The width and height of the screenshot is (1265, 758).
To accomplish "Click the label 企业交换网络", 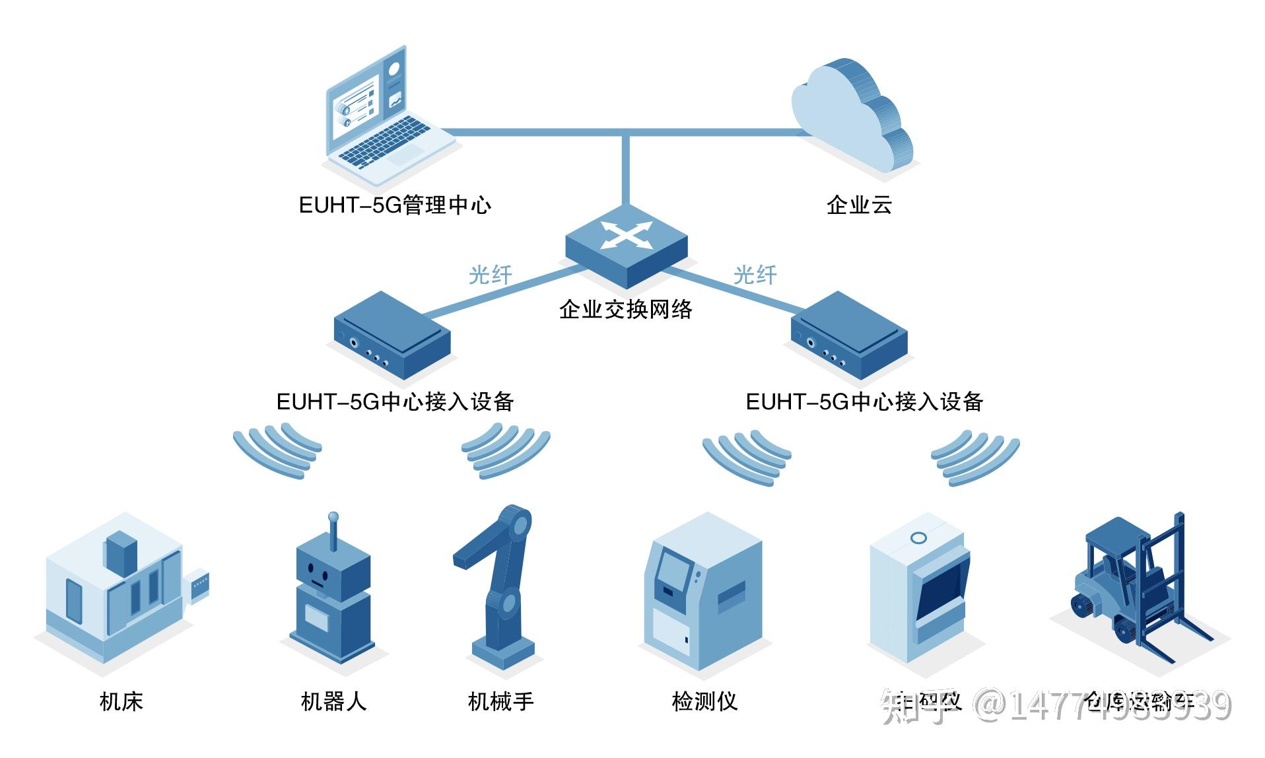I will click(x=625, y=309).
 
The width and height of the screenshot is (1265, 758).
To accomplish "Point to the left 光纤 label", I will click(x=490, y=275).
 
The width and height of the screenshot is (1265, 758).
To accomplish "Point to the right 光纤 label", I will click(x=755, y=275).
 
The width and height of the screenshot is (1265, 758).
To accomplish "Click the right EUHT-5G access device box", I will click(x=849, y=335).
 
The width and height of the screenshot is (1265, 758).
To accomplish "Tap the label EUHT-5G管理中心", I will click(x=395, y=205).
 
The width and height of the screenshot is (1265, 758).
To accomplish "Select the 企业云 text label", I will click(x=859, y=205).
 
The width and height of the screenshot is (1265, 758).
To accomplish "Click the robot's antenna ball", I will click(x=333, y=517).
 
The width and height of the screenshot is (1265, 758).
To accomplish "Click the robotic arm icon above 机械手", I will click(x=498, y=581).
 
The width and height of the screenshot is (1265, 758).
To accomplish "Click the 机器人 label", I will click(x=333, y=701).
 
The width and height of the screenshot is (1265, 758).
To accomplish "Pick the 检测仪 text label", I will click(x=704, y=701).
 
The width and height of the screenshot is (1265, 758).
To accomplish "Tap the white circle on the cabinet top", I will click(x=918, y=538).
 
